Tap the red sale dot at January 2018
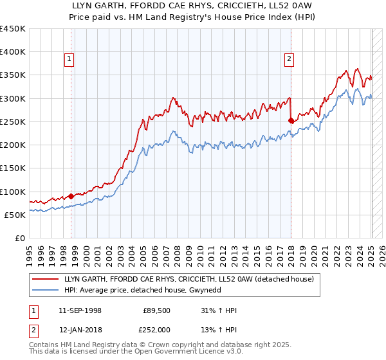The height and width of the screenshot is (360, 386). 291,120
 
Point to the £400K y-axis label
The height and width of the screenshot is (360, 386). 13,52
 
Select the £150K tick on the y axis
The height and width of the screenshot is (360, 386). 13,168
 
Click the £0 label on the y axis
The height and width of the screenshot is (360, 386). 20,239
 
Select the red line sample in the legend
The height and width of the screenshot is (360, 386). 45,279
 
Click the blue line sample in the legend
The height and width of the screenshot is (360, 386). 45,291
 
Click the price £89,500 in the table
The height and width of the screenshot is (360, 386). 156,310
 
